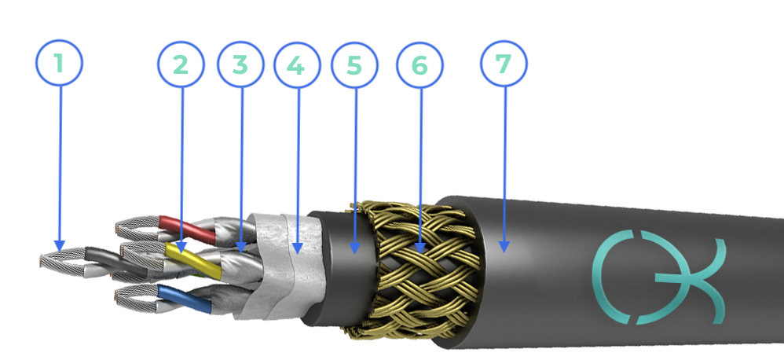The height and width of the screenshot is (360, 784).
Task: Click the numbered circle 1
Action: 59,63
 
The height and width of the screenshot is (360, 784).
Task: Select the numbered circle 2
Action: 181,65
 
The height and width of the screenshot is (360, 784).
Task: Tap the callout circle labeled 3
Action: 240,64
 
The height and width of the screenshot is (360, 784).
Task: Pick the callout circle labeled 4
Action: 297,65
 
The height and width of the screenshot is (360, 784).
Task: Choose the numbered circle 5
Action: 354,65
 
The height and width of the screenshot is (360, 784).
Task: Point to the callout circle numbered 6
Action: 420,65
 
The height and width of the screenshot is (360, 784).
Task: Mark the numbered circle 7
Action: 504,64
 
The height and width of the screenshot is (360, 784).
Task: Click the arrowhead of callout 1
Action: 60,246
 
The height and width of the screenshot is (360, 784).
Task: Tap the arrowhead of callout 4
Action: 298,248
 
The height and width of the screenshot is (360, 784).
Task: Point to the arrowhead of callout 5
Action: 355,248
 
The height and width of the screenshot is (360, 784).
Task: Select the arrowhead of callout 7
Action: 504,247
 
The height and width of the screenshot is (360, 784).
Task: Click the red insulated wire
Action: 187,229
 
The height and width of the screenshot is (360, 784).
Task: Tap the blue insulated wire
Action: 184,299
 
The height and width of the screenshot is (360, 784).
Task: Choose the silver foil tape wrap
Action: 285,266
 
